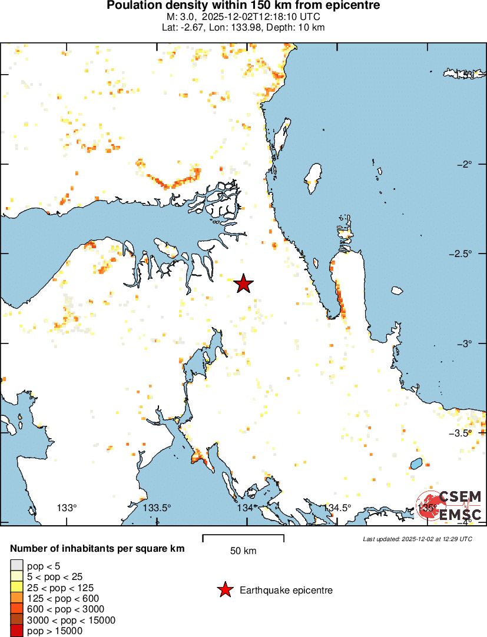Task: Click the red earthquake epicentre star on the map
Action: pyautogui.click(x=244, y=284)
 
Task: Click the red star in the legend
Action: pyautogui.click(x=224, y=590)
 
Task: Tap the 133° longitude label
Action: pyautogui.click(x=67, y=508)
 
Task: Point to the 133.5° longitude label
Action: pyautogui.click(x=157, y=508)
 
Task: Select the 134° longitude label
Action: pyautogui.click(x=246, y=508)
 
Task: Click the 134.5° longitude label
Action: pyautogui.click(x=337, y=508)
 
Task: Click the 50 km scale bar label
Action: pyautogui.click(x=243, y=551)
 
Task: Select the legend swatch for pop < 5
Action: pyautogui.click(x=16, y=566)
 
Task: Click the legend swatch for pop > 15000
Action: pyautogui.click(x=16, y=631)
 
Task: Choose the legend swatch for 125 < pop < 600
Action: pyautogui.click(x=16, y=599)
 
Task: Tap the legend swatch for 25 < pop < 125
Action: pyautogui.click(x=16, y=588)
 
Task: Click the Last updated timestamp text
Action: pyautogui.click(x=418, y=538)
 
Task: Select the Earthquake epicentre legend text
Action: pyautogui.click(x=286, y=590)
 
